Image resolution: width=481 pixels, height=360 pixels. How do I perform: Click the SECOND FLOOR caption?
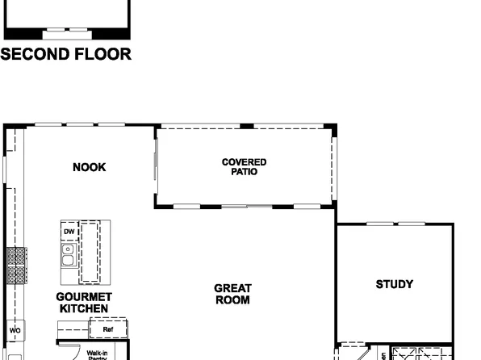click(x=66, y=56)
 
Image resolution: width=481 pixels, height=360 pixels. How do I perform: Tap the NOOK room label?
click(x=89, y=168)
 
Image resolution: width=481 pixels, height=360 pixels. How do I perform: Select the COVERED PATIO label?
click(x=244, y=167)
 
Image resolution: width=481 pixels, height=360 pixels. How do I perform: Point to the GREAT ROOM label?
click(x=232, y=294)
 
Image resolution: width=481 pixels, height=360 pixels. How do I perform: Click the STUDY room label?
click(x=394, y=284)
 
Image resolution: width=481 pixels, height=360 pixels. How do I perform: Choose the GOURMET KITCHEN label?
click(x=84, y=303)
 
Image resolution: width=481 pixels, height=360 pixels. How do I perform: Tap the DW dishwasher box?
click(x=69, y=232)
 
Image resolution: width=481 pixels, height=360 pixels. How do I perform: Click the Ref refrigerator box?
click(x=108, y=329)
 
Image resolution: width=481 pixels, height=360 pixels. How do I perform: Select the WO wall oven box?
click(x=15, y=331)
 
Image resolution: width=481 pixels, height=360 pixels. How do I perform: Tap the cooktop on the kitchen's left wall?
click(x=16, y=265)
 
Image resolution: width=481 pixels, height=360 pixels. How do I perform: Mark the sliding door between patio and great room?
click(x=246, y=207)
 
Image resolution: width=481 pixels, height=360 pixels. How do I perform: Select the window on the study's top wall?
click(x=395, y=224)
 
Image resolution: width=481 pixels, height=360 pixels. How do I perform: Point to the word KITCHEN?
click(x=84, y=308)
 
